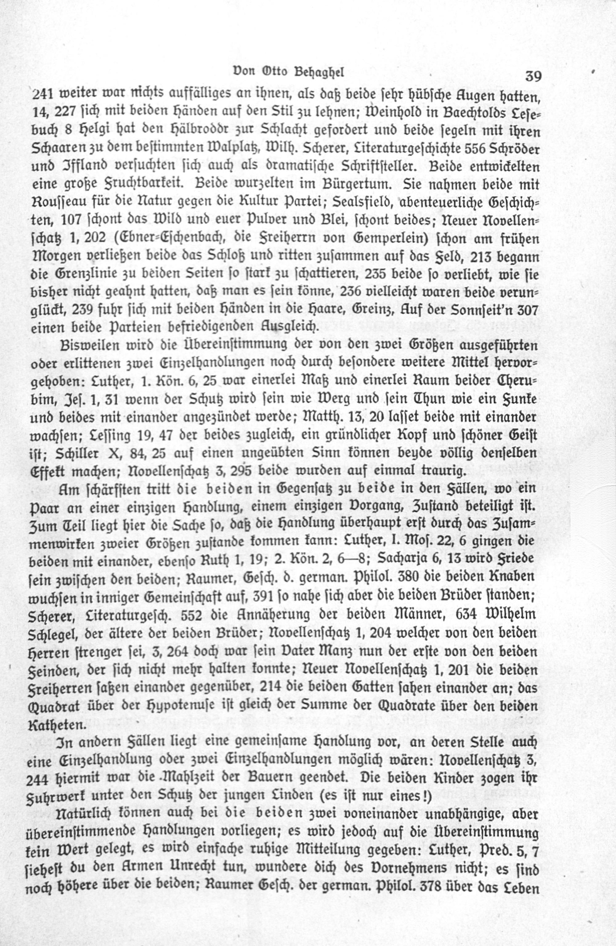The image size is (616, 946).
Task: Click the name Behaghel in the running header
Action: (319, 73)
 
